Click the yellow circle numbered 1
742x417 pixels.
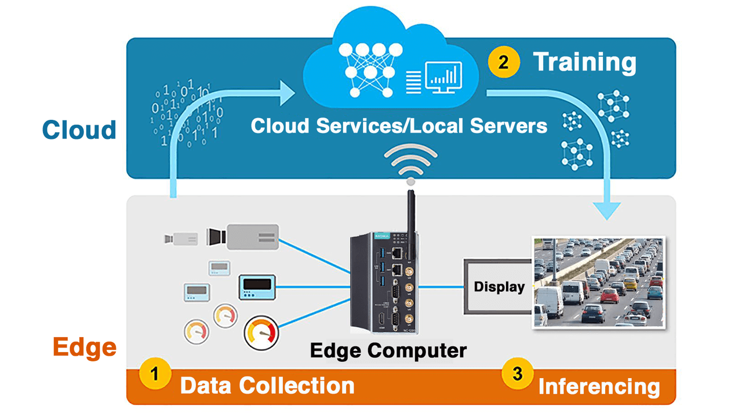click(x=155, y=374)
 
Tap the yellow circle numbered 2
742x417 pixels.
click(x=503, y=61)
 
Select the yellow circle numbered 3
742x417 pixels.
click(x=517, y=374)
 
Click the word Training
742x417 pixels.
click(x=584, y=63)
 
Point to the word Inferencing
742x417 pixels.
click(x=599, y=387)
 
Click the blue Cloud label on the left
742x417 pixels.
click(x=79, y=130)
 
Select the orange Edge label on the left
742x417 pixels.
click(x=85, y=348)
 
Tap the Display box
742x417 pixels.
click(x=499, y=287)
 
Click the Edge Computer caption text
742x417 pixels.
click(x=388, y=350)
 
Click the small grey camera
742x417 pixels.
click(x=180, y=238)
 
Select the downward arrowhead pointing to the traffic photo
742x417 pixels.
click(x=607, y=210)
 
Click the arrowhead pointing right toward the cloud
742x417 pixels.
click(x=287, y=93)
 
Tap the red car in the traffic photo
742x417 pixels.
click(x=609, y=296)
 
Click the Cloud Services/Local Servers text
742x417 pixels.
click(x=399, y=126)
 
